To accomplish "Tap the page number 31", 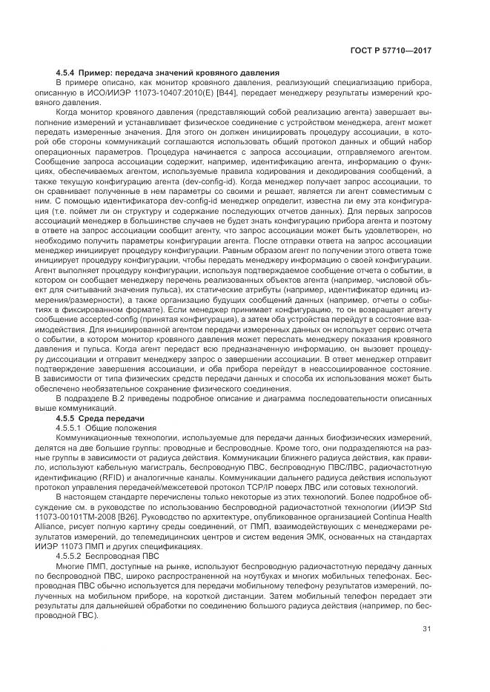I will [426, 629].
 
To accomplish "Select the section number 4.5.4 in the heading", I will [67, 72].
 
